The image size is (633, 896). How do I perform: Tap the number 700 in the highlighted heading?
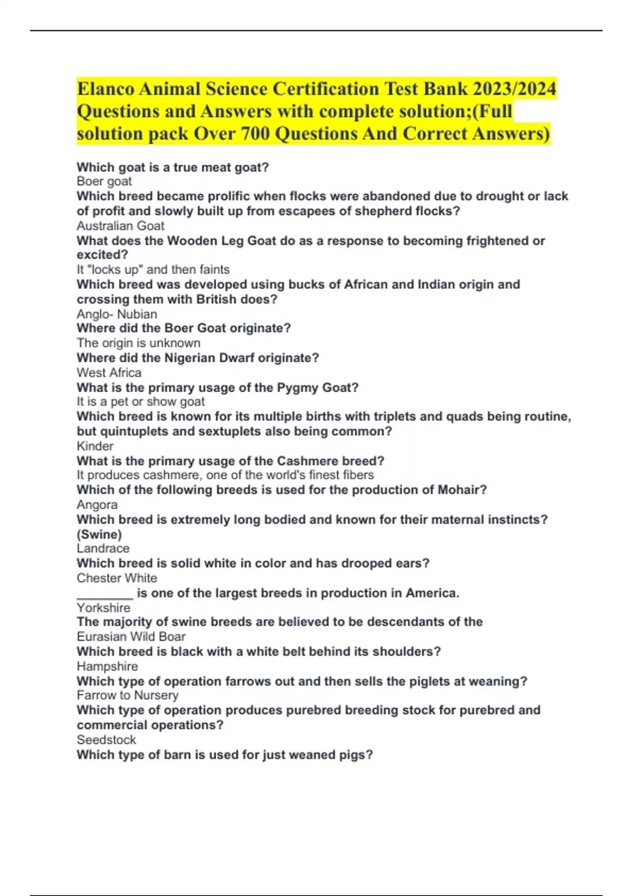coord(256,134)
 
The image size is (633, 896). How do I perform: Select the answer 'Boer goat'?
coord(104,181)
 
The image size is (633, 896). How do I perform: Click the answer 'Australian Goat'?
coord(120,226)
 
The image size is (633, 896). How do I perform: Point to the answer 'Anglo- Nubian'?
coord(117,314)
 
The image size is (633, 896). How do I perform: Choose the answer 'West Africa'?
coord(109,373)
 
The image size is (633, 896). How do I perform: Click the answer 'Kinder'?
coord(95,446)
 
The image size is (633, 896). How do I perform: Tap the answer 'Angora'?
coord(97,504)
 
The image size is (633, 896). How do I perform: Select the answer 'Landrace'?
coord(103,548)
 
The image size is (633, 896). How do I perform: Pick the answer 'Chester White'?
coord(117,578)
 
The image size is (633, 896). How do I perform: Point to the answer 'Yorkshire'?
coord(103,608)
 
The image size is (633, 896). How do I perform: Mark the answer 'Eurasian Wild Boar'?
coord(131,637)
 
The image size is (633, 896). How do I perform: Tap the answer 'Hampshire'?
coord(107,666)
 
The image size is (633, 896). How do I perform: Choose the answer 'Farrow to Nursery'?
coord(128,695)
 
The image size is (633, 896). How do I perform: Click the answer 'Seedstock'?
coord(106,740)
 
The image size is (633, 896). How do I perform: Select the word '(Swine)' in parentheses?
coord(99,534)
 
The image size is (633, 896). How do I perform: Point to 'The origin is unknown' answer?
coord(138,343)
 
